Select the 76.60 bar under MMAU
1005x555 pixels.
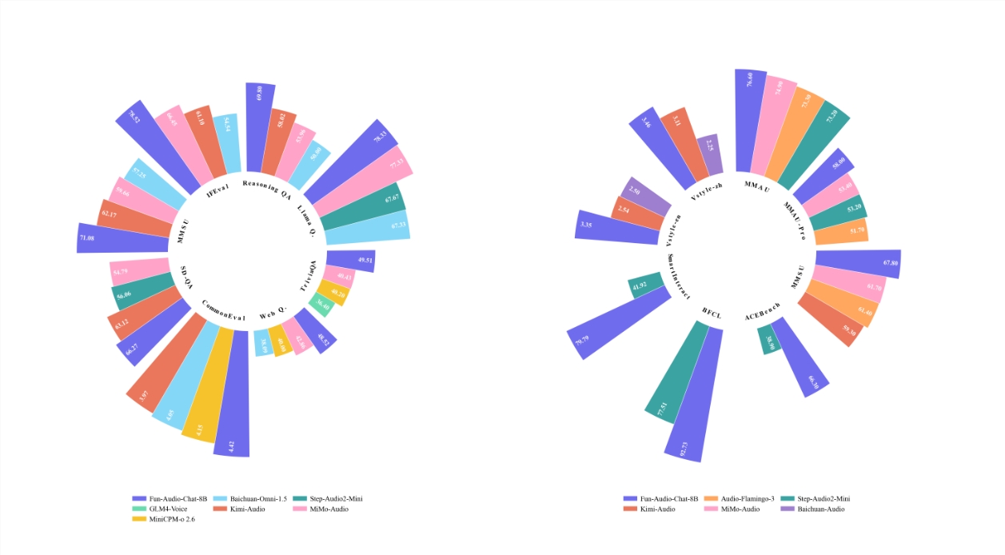click(x=750, y=120)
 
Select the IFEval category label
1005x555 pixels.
click(x=218, y=190)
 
